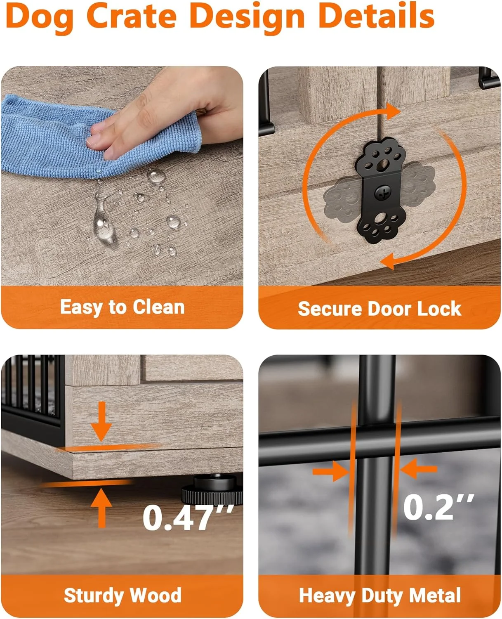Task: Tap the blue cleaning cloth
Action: (x=99, y=137)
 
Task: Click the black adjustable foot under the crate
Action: (x=214, y=488)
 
